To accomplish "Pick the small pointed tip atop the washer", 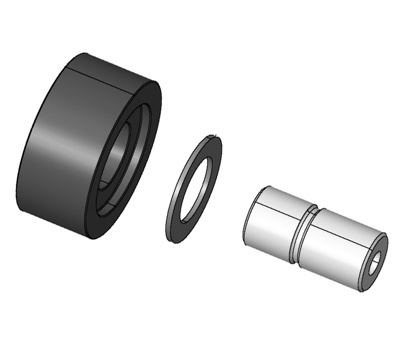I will pos(217,134).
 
